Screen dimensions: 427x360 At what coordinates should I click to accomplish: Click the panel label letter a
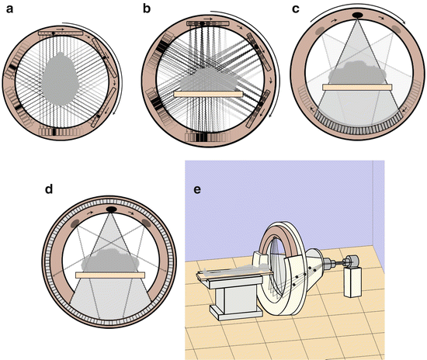pos(10,9)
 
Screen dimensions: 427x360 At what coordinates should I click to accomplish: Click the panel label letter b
pos(147,9)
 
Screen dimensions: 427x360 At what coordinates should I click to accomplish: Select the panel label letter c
pos(296,9)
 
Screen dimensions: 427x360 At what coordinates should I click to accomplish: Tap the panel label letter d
pos(49,189)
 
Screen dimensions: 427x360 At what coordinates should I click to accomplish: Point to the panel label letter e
pos(197,189)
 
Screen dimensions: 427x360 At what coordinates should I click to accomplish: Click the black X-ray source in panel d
pos(111,209)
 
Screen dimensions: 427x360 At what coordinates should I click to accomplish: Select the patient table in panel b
pos(208,94)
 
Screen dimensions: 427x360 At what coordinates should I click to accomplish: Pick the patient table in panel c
pos(357,87)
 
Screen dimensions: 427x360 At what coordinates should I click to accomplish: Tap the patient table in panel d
pos(110,275)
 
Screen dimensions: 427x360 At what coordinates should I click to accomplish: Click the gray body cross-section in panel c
pos(357,73)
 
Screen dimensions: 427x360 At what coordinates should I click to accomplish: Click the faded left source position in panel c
pos(320,31)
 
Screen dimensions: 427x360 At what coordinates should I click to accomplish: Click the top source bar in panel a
pos(61,33)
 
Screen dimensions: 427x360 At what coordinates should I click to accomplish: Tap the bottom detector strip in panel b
pos(207,137)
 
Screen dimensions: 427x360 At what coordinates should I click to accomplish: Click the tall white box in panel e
pos(353,282)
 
